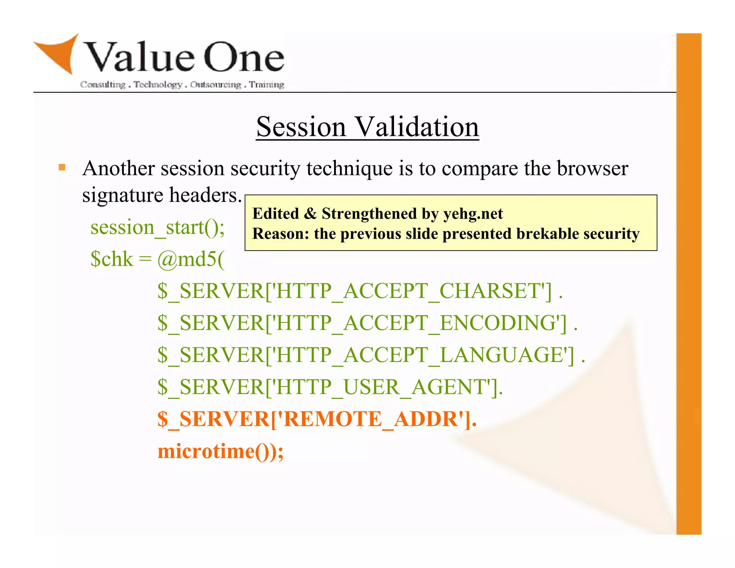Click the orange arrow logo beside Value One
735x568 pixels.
[x=59, y=54]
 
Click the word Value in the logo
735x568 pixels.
[x=140, y=57]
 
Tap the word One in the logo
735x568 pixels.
[x=244, y=57]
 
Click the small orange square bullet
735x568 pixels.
[x=62, y=167]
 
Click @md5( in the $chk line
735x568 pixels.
[x=190, y=259]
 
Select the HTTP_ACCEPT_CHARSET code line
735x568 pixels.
[x=359, y=291]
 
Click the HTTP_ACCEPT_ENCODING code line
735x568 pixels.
[x=366, y=323]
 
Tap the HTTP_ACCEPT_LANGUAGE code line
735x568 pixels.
[x=370, y=355]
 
